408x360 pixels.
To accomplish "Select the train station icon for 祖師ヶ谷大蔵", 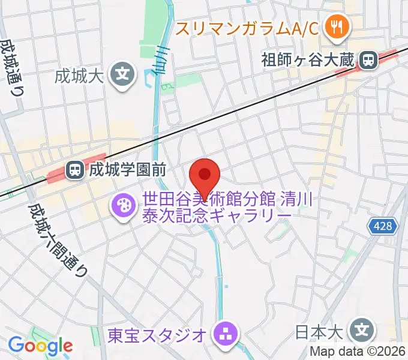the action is (x=367, y=59).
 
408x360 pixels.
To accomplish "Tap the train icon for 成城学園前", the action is (x=75, y=170).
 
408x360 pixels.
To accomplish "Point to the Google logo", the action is (x=40, y=346).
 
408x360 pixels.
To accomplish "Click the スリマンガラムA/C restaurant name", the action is (x=246, y=26).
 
